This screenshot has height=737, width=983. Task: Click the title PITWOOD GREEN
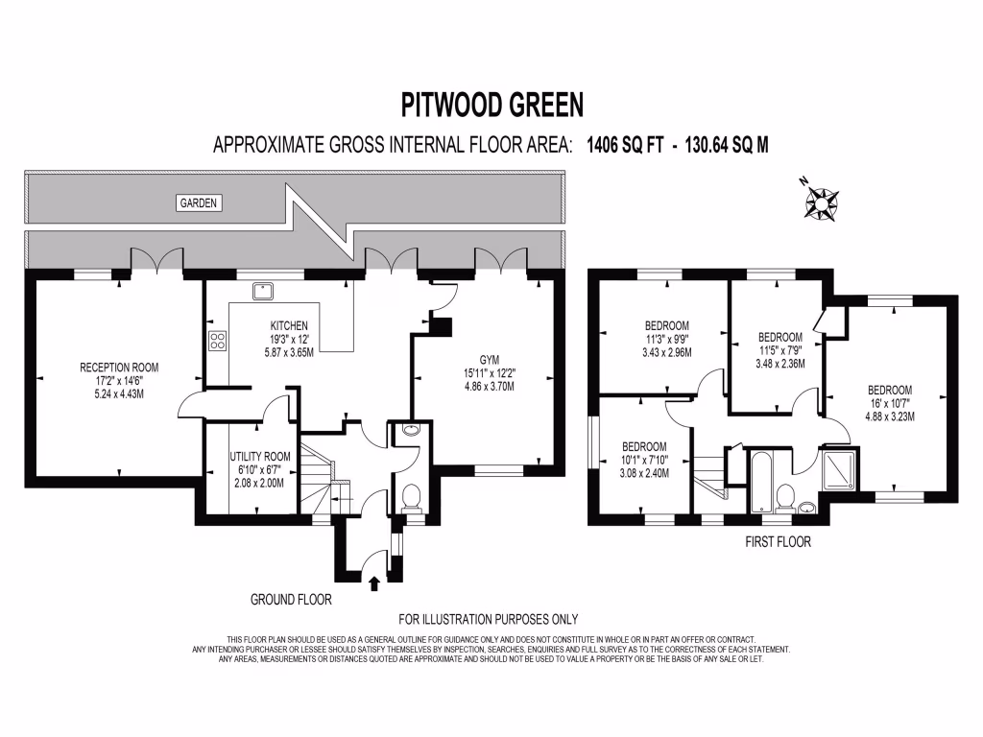click(491, 103)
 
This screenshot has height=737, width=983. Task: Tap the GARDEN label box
click(200, 202)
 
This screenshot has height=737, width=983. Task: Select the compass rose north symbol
click(822, 202)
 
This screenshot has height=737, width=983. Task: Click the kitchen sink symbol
click(261, 290)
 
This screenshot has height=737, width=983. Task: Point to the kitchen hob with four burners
click(217, 339)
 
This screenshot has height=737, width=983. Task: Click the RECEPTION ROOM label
click(119, 368)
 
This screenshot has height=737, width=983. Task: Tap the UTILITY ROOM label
click(259, 457)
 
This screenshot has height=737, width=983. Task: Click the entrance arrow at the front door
click(374, 582)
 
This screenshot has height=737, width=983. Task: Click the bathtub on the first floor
click(761, 480)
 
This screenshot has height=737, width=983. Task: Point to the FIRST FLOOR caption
click(778, 542)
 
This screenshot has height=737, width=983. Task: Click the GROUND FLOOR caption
click(291, 600)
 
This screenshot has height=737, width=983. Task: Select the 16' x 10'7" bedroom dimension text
click(890, 403)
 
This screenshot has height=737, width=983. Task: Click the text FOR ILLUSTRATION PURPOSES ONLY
click(489, 619)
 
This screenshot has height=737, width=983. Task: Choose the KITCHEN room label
click(289, 325)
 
